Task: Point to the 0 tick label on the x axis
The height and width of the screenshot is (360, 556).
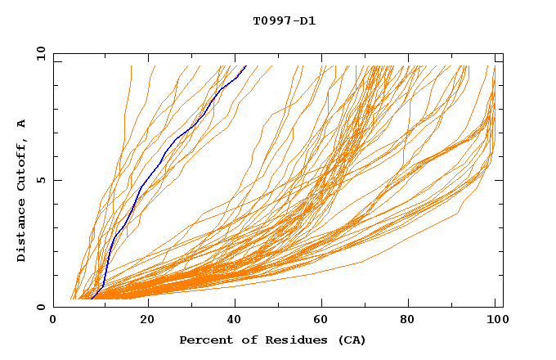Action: (x=53, y=321)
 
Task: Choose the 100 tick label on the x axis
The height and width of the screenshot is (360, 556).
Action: (x=495, y=321)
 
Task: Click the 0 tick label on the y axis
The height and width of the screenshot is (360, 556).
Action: (x=41, y=307)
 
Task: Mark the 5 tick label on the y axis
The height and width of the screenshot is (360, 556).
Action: (x=41, y=180)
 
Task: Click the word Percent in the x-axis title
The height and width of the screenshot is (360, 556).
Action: (x=203, y=340)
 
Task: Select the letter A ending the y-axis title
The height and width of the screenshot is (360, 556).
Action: (x=22, y=124)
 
